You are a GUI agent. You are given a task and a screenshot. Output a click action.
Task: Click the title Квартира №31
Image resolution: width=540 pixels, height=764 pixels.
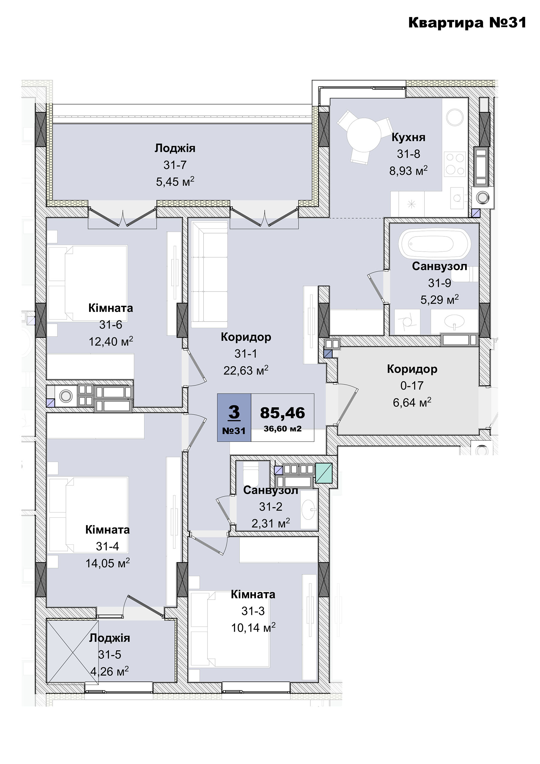point(467,22)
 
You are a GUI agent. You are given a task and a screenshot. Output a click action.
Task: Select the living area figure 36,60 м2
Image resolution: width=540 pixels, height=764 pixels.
point(283,429)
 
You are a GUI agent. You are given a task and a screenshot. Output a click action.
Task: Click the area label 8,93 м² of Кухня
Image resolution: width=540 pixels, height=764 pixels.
point(408,171)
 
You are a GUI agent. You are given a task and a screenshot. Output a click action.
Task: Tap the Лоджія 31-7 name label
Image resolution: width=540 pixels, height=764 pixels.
point(175,148)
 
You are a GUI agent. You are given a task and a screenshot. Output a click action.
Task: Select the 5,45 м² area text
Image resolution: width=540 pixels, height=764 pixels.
point(175,182)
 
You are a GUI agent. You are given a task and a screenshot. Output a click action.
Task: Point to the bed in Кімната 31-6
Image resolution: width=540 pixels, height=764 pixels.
point(88,283)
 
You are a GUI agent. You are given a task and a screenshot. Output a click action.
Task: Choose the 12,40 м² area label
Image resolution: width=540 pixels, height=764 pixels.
point(111,341)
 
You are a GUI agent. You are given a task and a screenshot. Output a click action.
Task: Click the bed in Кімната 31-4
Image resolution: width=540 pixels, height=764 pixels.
point(88,515)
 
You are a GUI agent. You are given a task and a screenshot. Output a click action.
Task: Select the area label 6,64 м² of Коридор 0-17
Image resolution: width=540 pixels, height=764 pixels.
point(412,403)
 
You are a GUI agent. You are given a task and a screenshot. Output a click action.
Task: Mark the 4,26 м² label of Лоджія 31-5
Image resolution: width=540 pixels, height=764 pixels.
point(109,672)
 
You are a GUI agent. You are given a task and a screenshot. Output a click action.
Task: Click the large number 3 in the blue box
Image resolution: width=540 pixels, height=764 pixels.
point(234,412)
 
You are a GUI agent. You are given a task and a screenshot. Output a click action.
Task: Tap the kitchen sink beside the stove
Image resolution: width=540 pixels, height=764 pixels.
point(457,198)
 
